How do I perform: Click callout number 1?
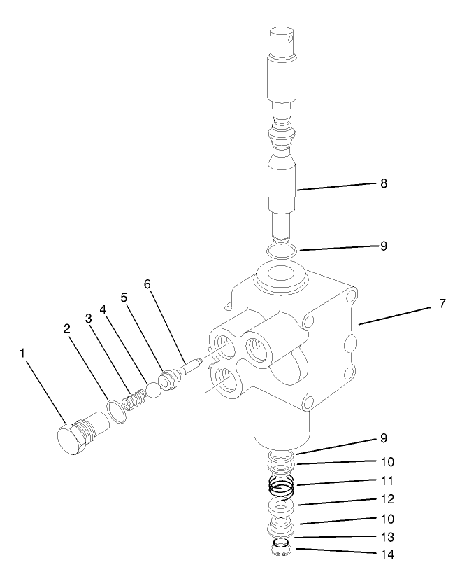(x=22, y=354)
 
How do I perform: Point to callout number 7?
(x=442, y=304)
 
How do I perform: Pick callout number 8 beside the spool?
(x=384, y=183)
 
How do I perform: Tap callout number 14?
(x=387, y=554)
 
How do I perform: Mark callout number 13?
(x=387, y=538)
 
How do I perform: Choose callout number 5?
(x=124, y=297)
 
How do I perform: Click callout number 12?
(x=387, y=500)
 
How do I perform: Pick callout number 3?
(x=89, y=318)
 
